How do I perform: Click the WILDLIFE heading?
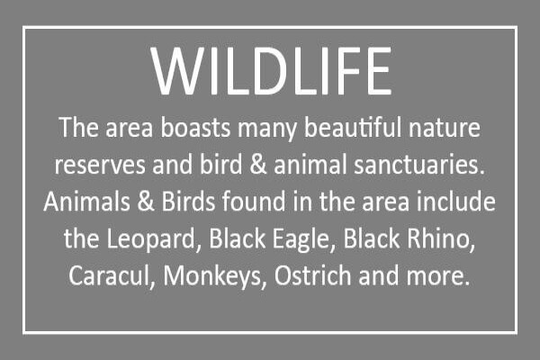click(x=271, y=70)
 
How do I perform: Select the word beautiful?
click(x=352, y=128)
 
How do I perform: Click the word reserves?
click(x=100, y=166)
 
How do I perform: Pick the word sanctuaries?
click(x=419, y=165)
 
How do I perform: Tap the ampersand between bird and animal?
click(x=258, y=165)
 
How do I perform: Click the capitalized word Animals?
click(x=86, y=201)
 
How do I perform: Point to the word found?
click(x=254, y=201)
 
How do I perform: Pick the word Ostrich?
click(x=312, y=275)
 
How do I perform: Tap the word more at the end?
click(x=438, y=276)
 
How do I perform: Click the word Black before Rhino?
click(x=372, y=238)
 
